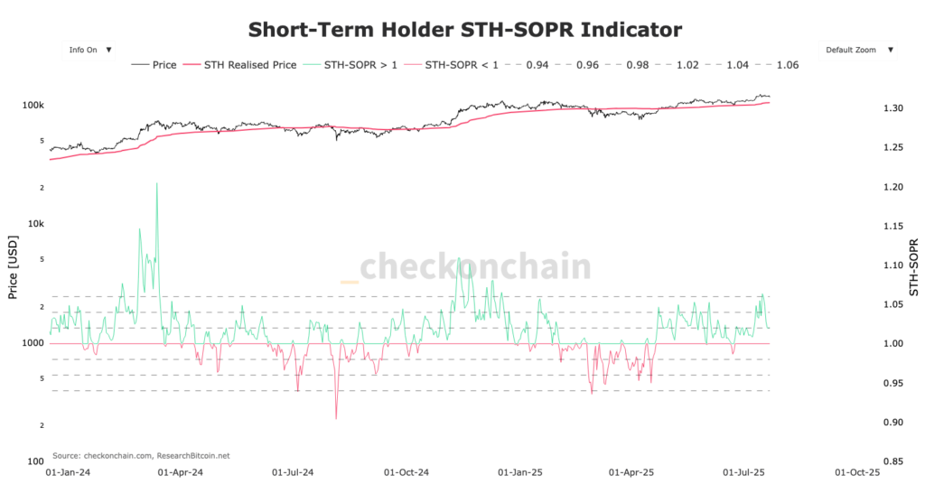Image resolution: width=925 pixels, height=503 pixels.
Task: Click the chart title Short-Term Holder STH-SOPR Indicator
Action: tap(464, 29)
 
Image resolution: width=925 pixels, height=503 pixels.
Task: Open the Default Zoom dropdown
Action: tap(859, 50)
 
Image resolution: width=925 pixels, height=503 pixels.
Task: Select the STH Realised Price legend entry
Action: tap(240, 65)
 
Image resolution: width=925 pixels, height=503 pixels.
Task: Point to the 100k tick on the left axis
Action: tap(33, 106)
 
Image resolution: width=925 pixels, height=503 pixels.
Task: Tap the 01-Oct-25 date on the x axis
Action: tap(857, 471)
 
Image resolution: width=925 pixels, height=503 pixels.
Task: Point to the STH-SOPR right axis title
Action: tap(913, 267)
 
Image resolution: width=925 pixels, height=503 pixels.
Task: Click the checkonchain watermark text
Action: tap(475, 267)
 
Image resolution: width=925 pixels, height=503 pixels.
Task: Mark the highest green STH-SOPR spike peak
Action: tap(157, 183)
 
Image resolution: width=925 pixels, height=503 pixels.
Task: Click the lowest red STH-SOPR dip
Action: tap(336, 418)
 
